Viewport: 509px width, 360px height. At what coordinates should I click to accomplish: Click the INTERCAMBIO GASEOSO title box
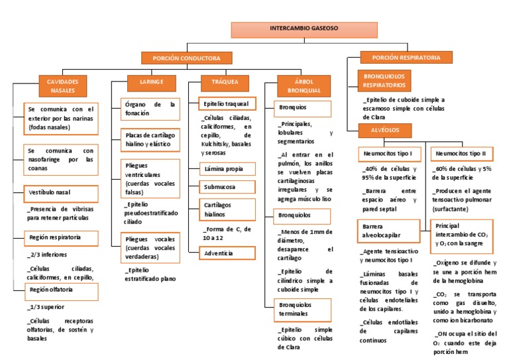304,30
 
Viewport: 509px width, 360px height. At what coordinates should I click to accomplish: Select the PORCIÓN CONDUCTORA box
187,58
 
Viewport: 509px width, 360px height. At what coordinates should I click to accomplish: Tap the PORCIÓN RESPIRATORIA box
406,57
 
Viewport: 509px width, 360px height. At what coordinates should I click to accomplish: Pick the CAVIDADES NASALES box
63,86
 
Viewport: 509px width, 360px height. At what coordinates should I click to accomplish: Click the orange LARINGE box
152,83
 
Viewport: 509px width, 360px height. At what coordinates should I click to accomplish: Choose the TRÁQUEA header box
225,83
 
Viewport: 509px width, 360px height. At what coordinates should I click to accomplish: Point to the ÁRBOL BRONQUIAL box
304,86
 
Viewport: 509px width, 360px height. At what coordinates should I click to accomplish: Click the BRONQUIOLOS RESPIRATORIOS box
384,80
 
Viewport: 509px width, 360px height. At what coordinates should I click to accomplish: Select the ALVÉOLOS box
385,130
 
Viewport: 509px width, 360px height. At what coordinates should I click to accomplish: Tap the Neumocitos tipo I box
390,154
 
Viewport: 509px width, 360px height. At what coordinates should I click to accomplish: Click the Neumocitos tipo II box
462,154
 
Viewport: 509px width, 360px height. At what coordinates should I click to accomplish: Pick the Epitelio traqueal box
227,103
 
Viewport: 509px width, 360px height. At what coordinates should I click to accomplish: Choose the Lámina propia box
227,169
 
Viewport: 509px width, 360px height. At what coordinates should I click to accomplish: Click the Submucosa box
227,187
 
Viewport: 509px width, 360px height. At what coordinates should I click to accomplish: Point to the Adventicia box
227,253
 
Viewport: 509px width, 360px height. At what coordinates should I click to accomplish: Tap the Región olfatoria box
62,292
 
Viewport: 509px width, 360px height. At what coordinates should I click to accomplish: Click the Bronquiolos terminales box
302,310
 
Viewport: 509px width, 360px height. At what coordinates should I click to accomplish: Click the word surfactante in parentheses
450,209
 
